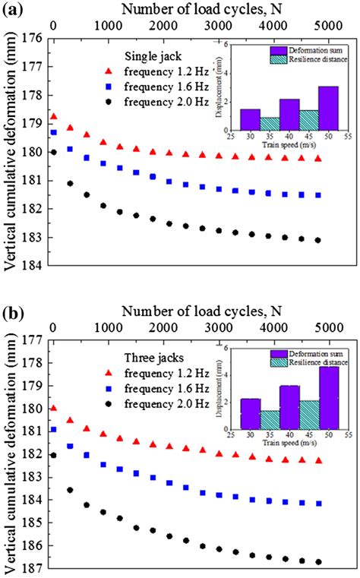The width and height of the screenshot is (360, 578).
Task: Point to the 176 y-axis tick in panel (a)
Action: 31,38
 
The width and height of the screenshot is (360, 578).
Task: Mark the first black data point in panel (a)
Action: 53,152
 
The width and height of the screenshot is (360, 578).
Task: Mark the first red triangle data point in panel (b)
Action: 53,408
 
